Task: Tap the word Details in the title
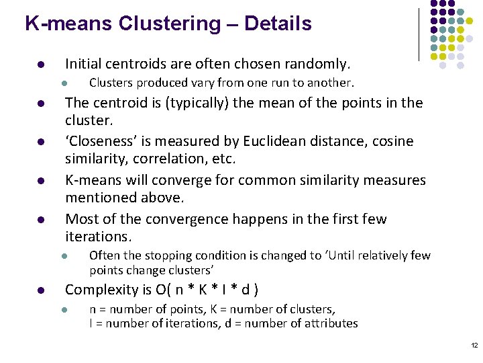pos(278,24)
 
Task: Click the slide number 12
pos(474,345)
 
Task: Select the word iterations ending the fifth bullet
pos(97,237)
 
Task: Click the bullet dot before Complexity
pos(41,291)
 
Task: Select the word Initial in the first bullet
pos(85,65)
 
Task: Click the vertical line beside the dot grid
pos(419,34)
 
